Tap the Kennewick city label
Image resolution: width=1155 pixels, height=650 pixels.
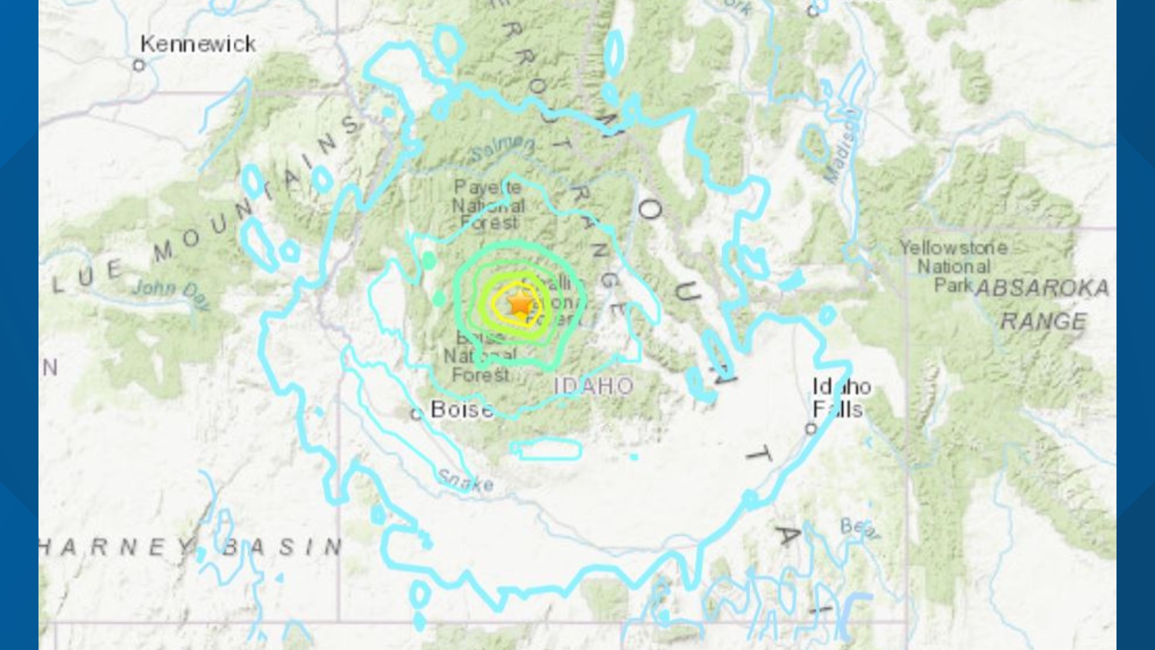(198, 44)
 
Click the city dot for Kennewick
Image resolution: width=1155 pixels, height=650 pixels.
(140, 65)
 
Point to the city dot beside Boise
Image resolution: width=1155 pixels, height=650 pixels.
(416, 414)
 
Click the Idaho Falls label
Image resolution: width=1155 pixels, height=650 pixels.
(841, 398)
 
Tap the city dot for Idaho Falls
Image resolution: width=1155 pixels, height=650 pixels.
(811, 429)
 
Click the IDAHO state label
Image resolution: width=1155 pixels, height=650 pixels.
(593, 386)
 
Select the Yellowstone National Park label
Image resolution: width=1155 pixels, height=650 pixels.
(953, 265)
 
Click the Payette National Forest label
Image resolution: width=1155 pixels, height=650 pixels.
(488, 205)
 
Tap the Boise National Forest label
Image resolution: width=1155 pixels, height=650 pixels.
(481, 356)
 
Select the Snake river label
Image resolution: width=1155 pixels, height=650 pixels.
(466, 480)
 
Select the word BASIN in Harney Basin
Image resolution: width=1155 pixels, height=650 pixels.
(282, 546)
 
